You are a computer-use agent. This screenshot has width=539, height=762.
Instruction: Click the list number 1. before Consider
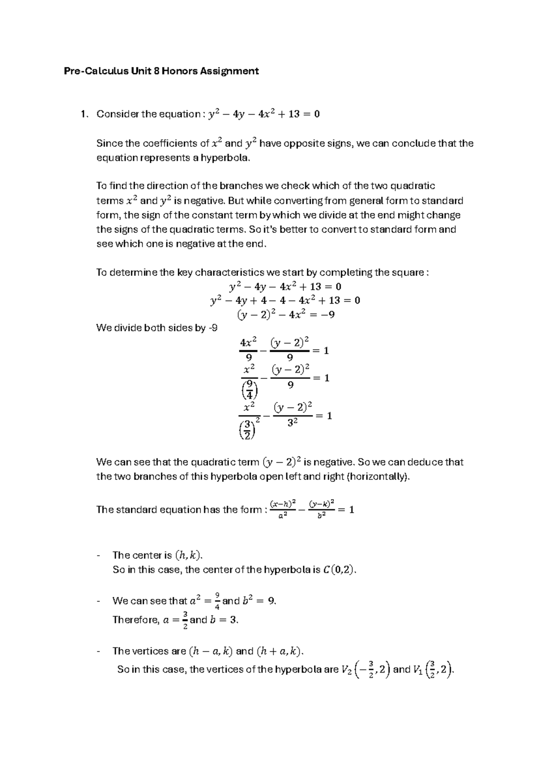click(x=83, y=114)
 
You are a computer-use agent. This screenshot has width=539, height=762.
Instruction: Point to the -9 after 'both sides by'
click(x=212, y=328)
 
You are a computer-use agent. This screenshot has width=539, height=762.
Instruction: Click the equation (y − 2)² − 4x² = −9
click(x=286, y=315)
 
